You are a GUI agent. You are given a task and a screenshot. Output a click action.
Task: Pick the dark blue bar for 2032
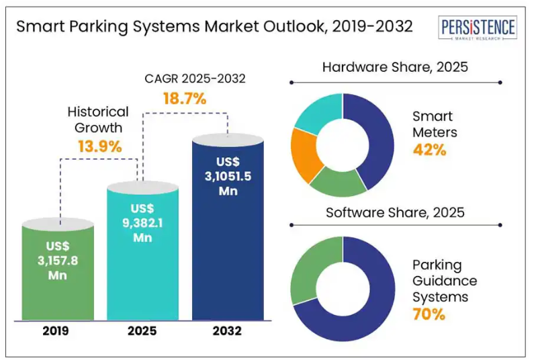[x=227, y=255]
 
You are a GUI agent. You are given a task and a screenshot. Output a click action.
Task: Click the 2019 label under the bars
[x=58, y=330]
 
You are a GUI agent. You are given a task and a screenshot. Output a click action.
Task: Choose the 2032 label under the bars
[x=227, y=330]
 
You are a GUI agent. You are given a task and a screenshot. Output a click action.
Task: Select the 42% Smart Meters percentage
[x=430, y=149]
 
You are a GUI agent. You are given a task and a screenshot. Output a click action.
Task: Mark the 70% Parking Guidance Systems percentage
[x=430, y=314]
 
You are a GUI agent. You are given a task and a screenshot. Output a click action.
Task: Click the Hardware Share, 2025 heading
[x=395, y=67]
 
